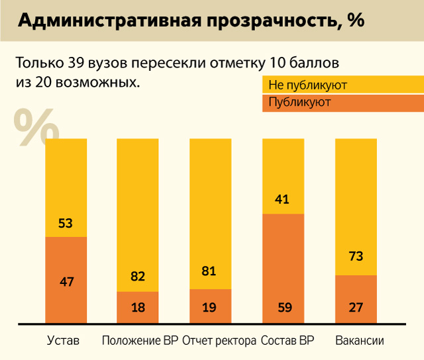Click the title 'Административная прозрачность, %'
click(x=191, y=21)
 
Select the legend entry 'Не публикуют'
click(x=307, y=85)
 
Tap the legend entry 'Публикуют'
click(x=299, y=103)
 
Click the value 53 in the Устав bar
click(x=66, y=224)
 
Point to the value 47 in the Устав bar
click(x=66, y=282)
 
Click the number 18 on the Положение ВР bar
click(x=138, y=308)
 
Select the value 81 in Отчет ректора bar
click(x=210, y=271)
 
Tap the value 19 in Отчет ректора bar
click(x=210, y=308)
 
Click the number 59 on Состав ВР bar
click(x=283, y=308)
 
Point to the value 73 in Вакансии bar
click(x=356, y=256)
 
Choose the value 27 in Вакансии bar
click(x=356, y=308)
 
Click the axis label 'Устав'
click(x=64, y=341)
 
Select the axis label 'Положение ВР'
click(x=140, y=341)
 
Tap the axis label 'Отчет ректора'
click(x=219, y=341)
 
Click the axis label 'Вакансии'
click(x=360, y=341)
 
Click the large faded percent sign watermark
click(x=34, y=127)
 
